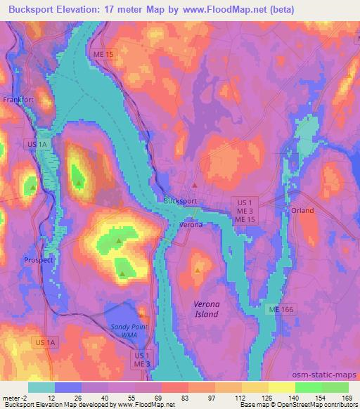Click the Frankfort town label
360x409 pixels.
point(18,100)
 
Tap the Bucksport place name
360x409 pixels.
point(180,200)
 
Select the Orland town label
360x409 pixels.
point(302,210)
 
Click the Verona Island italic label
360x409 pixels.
point(210,309)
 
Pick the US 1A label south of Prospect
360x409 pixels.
point(44,342)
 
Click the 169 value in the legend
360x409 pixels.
point(346,397)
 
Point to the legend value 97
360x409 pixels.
point(212,397)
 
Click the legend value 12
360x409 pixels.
point(51,397)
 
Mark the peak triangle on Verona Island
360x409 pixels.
point(198,270)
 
